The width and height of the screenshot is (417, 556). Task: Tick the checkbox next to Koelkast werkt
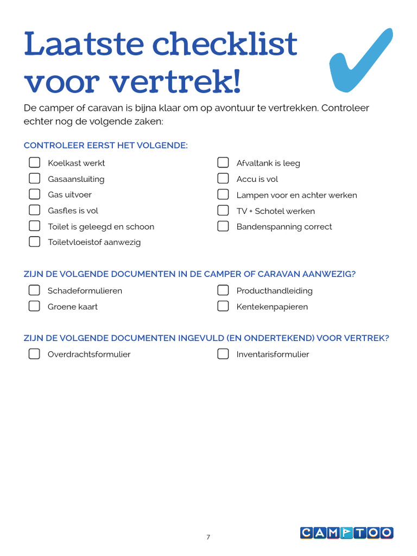click(34, 162)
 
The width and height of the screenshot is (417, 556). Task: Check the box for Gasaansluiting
click(34, 178)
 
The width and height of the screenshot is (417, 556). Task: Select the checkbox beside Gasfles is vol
click(34, 210)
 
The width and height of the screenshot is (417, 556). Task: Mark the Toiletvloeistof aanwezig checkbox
click(34, 242)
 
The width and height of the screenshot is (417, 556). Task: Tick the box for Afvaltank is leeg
click(223, 162)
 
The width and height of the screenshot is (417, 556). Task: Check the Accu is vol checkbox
click(223, 178)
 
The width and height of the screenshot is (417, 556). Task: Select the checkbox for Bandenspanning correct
click(223, 226)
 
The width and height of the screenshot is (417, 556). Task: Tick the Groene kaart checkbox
click(34, 306)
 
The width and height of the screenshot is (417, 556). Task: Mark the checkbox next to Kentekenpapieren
click(223, 306)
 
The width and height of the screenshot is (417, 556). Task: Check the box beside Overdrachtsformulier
click(34, 354)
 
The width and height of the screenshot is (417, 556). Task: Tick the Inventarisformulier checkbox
click(223, 354)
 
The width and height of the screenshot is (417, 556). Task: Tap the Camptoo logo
click(346, 533)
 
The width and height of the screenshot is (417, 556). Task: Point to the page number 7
click(208, 538)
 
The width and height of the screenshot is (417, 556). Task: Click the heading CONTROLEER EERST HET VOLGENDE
click(106, 146)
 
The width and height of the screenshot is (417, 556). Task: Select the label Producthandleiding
click(274, 290)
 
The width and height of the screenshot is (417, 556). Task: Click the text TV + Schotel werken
click(275, 211)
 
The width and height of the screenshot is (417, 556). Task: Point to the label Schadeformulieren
click(85, 290)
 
